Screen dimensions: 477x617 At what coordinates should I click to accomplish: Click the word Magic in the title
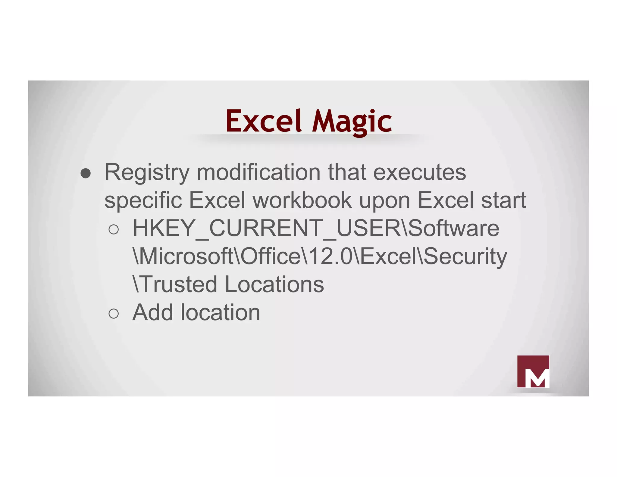click(x=352, y=122)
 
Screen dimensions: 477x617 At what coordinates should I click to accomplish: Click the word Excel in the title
click(x=263, y=121)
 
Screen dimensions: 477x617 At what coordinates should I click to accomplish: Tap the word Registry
click(x=147, y=173)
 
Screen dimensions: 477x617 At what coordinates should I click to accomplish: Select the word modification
click(x=258, y=172)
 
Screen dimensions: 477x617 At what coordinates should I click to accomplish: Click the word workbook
click(x=302, y=200)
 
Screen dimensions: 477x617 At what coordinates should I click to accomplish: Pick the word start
click(x=503, y=200)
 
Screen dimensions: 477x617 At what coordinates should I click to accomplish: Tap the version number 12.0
click(x=330, y=256)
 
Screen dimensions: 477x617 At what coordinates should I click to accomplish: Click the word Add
click(x=153, y=312)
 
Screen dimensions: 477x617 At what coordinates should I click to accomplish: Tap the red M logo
click(x=533, y=371)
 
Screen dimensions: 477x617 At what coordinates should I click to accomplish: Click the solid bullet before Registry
click(x=86, y=173)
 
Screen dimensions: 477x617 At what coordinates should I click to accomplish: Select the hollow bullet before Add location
click(x=114, y=314)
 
